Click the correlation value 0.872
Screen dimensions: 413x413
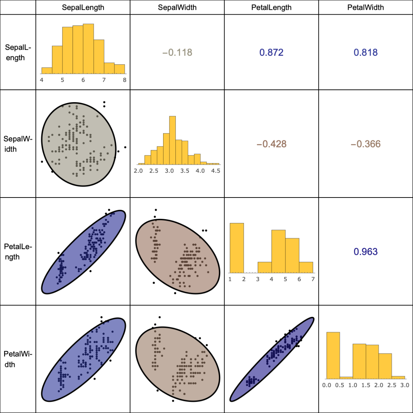(271, 52)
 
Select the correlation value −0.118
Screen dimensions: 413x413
(177, 52)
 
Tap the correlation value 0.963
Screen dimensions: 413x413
(365, 251)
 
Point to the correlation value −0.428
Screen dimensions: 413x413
(271, 144)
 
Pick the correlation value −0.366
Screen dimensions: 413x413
(365, 144)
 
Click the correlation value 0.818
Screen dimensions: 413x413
(365, 52)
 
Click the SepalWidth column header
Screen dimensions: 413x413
(177, 7)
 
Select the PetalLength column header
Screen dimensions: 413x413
(271, 7)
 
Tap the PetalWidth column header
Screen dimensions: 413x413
(365, 7)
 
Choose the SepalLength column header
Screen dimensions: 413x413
(83, 7)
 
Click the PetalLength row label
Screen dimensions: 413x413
(18, 251)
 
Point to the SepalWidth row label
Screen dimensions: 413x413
(18, 144)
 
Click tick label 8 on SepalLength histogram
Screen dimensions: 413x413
(125, 80)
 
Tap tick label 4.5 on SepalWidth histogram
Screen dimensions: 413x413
(215, 171)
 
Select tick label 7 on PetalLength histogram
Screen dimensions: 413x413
(313, 279)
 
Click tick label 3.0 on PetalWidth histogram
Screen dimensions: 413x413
(404, 385)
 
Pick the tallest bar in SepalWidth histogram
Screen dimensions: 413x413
(172, 140)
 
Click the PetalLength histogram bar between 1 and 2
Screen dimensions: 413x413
(237, 248)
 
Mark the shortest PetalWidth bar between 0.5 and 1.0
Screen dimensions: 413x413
(346, 377)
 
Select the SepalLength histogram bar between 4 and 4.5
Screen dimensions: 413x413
(47, 71)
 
